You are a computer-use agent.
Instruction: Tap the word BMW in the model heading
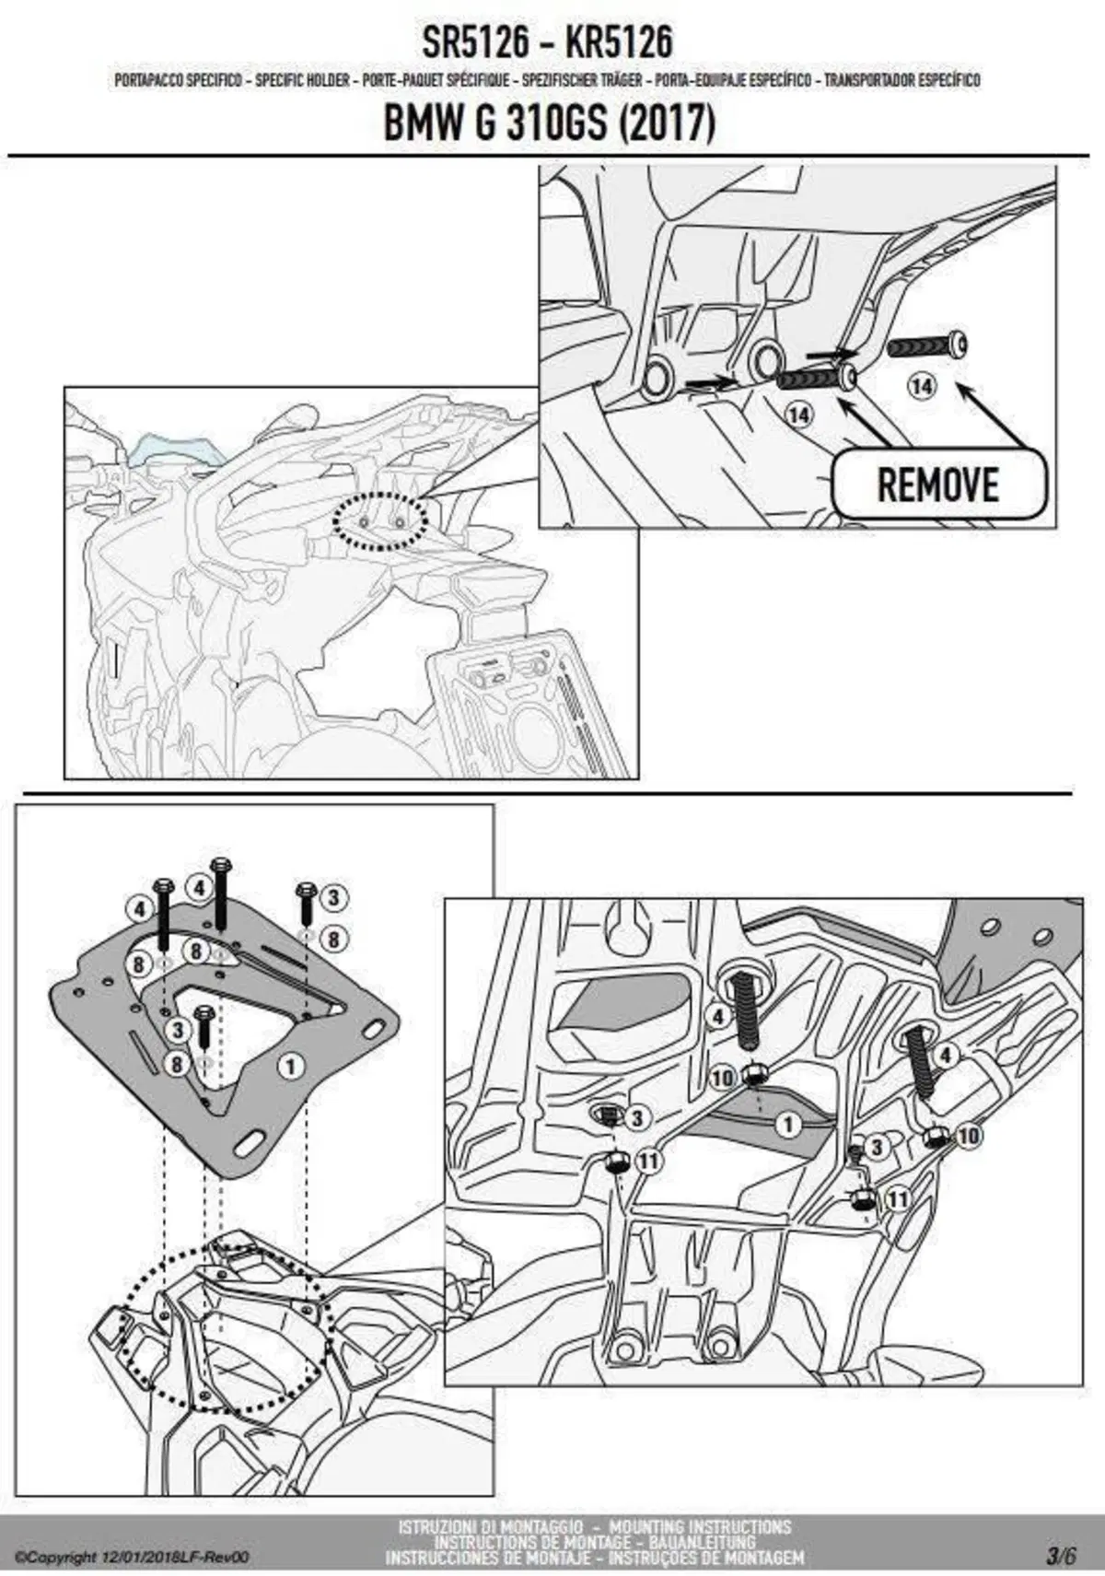[418, 123]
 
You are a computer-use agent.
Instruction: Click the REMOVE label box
[938, 484]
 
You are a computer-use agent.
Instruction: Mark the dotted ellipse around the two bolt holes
[379, 522]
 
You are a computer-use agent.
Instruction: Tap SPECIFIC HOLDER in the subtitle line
[302, 80]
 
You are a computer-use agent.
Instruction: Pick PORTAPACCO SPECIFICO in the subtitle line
[179, 80]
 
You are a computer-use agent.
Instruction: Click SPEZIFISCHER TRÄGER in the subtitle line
[582, 80]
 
